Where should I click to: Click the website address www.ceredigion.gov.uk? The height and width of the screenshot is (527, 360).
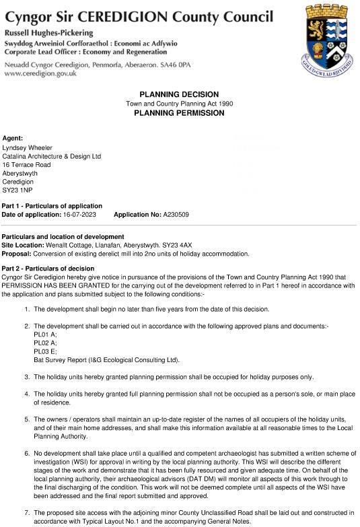(x=40, y=73)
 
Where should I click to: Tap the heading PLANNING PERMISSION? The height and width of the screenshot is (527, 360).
(x=179, y=113)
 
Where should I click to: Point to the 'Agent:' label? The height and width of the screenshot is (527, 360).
(x=13, y=138)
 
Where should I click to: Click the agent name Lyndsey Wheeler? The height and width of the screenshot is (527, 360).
(x=28, y=147)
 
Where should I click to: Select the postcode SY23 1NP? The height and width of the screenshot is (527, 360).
(x=17, y=190)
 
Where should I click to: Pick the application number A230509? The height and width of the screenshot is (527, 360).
(x=175, y=214)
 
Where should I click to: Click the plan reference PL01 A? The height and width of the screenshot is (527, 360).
(x=45, y=334)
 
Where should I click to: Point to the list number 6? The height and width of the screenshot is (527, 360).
(x=27, y=455)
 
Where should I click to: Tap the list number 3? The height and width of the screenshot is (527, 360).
(x=27, y=377)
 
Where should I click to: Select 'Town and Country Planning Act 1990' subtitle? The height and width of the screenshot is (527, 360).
(x=179, y=104)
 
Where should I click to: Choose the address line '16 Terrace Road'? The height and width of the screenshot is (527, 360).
(x=27, y=164)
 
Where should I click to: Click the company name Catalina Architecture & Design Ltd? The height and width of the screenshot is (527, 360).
(x=52, y=156)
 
